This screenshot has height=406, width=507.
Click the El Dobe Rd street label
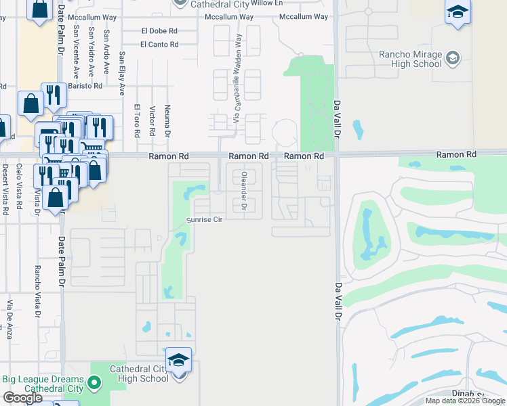[x=159, y=30]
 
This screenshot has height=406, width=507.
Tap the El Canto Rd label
[x=159, y=45]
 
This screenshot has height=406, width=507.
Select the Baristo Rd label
[x=87, y=86]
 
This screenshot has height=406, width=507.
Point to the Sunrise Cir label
[x=205, y=220]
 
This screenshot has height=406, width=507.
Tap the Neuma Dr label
[x=166, y=119]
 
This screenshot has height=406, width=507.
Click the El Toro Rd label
[x=137, y=121]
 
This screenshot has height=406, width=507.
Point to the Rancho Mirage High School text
[x=411, y=59]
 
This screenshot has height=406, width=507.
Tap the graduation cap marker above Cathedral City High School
[x=179, y=360]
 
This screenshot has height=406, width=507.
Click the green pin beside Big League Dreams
[x=95, y=384]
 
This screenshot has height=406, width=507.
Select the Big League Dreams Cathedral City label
[x=43, y=384]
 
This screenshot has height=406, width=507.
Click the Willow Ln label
[x=266, y=3]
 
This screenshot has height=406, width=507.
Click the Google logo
[x=22, y=398]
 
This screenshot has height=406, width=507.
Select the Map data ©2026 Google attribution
[x=464, y=401]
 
